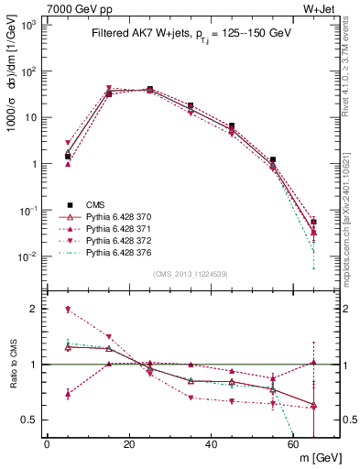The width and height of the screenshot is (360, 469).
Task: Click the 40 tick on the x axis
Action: [x=211, y=445]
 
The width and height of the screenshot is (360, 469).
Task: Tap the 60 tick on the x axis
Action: [x=293, y=445]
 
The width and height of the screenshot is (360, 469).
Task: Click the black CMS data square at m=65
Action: [x=314, y=222]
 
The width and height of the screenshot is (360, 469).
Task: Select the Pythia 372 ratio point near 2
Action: [x=68, y=310]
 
